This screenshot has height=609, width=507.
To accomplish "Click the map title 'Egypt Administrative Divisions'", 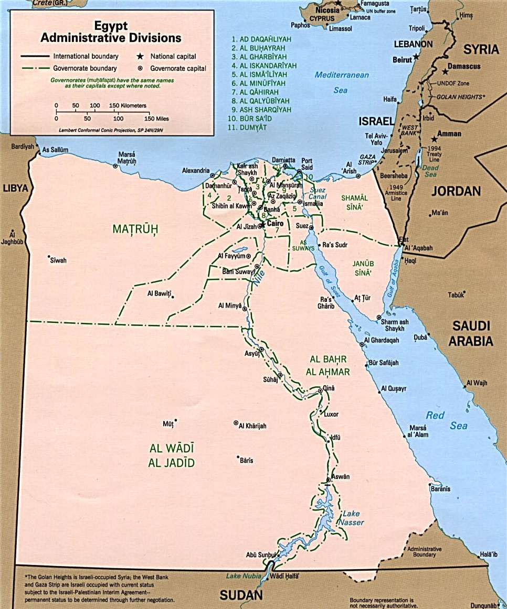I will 111,32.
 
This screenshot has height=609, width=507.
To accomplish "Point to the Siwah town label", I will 58,260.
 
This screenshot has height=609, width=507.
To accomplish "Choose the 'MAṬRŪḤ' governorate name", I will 135,229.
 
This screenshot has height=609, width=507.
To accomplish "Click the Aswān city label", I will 340,476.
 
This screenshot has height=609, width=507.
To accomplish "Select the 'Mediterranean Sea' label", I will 342,82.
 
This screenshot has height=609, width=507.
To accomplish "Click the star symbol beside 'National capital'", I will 140,56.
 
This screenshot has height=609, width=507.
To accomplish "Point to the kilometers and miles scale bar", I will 102,112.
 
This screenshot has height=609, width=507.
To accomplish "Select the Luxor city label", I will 331,414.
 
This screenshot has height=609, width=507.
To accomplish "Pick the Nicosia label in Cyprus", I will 327,10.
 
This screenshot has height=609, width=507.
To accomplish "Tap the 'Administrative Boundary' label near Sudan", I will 424,551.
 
